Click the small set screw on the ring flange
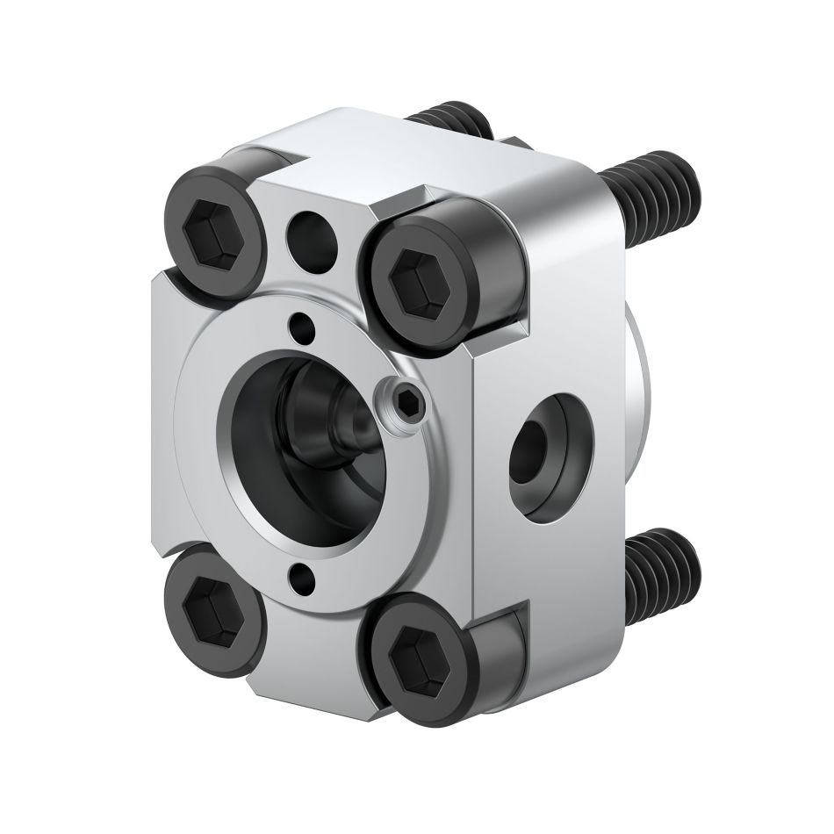405,402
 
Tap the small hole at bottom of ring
302,577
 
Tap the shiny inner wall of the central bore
255,457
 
